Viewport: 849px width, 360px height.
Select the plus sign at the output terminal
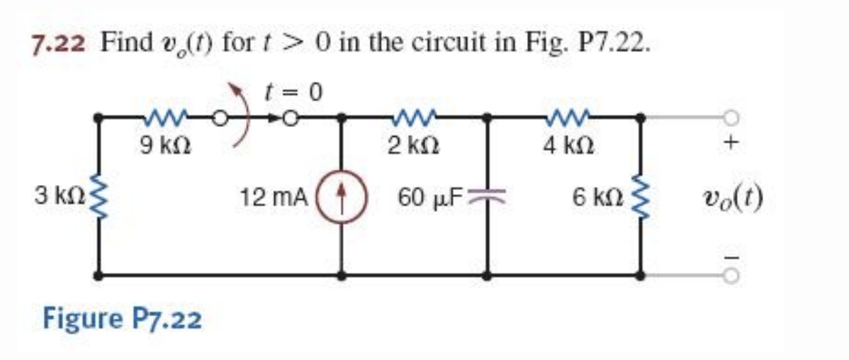pos(732,144)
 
